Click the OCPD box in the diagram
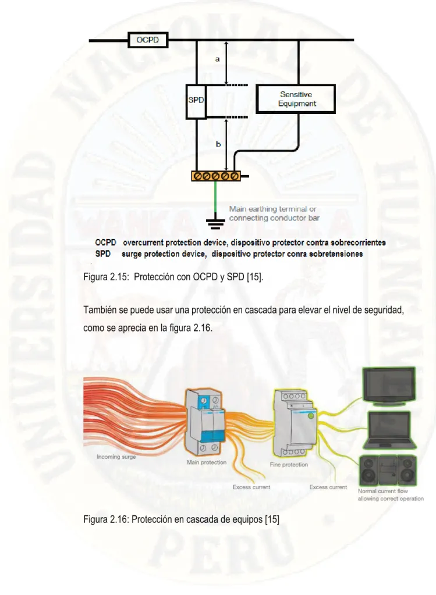pyautogui.click(x=148, y=40)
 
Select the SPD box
pyautogui.click(x=196, y=102)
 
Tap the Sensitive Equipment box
pyautogui.click(x=296, y=99)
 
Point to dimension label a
pyautogui.click(x=217, y=59)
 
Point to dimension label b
pyautogui.click(x=218, y=144)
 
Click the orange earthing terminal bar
pyautogui.click(x=216, y=176)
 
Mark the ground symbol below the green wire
pyautogui.click(x=215, y=225)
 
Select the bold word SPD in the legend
pyautogui.click(x=102, y=254)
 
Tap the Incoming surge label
pyautogui.click(x=116, y=457)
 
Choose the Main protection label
pyautogui.click(x=207, y=462)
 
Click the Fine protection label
pyautogui.click(x=289, y=465)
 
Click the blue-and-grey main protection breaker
pyautogui.click(x=204, y=422)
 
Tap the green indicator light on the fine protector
pyautogui.click(x=311, y=416)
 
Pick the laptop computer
pyautogui.click(x=389, y=430)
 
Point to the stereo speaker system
pyautogui.click(x=388, y=471)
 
